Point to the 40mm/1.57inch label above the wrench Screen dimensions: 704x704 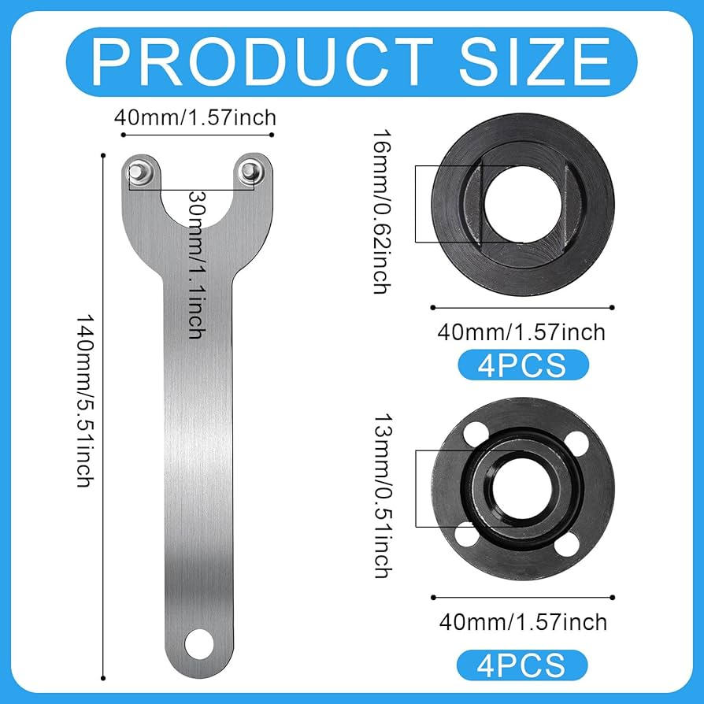point(195,118)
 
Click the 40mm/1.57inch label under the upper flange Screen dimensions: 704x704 point(521,332)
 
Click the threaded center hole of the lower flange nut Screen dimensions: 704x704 point(523,489)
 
